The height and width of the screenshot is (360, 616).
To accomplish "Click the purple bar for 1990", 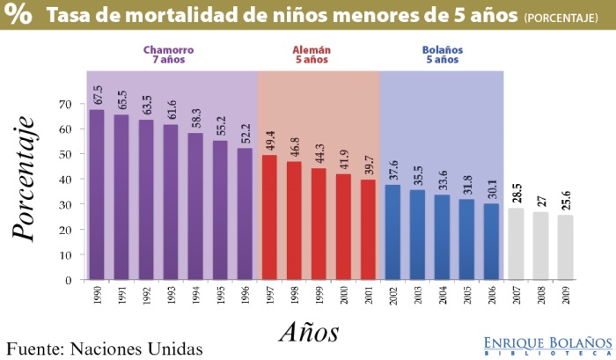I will click(97, 195).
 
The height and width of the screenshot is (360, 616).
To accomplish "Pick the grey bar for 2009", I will click(565, 247).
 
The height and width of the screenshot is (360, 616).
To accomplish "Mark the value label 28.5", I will click(517, 194).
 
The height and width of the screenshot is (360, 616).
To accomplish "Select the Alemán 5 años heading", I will click(311, 55).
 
